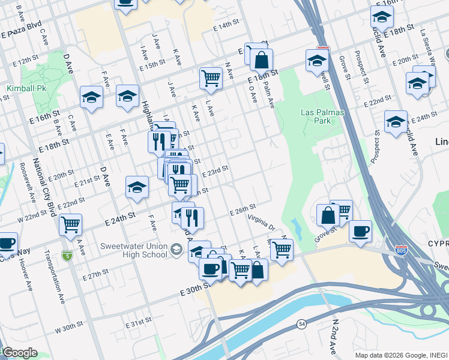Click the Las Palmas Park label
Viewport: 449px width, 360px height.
coord(316,116)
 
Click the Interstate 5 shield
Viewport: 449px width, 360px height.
coord(65,256)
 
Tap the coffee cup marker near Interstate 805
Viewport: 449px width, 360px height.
coord(360,232)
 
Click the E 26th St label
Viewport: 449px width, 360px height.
coord(243,209)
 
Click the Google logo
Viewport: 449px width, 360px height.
coord(20,353)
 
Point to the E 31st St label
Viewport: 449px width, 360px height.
coord(139,323)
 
